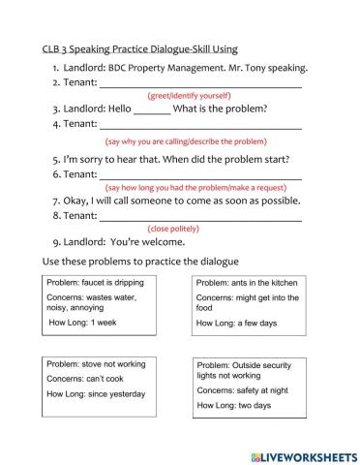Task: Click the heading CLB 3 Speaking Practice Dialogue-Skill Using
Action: point(140,48)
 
